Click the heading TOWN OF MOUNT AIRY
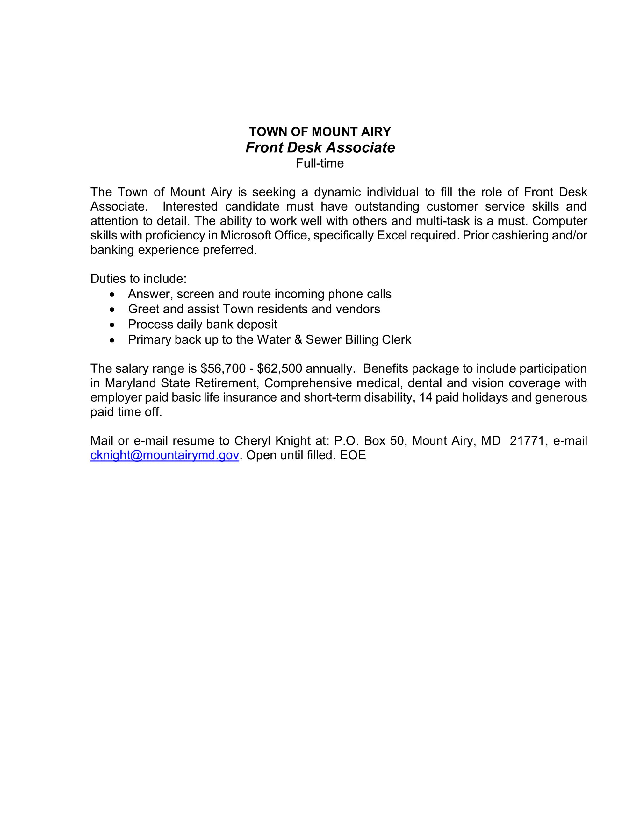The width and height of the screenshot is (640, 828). click(x=320, y=132)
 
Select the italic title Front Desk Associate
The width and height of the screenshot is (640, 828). click(x=320, y=147)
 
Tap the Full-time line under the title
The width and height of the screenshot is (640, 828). click(x=320, y=163)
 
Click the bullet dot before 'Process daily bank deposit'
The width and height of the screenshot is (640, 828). click(x=111, y=325)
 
